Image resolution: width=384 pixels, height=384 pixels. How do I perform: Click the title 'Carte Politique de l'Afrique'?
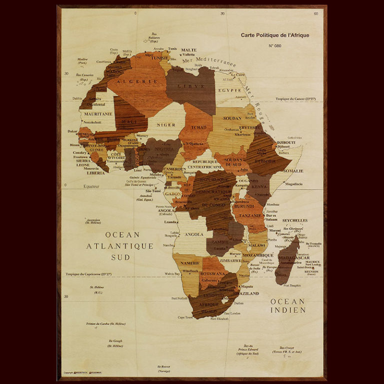click(274, 35)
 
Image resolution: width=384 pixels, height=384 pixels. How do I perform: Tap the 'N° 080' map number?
click(275, 45)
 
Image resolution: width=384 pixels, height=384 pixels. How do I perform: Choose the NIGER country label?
click(166, 125)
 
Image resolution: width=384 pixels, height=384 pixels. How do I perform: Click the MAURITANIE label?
click(98, 113)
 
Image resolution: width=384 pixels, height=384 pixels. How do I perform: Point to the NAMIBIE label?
click(190, 263)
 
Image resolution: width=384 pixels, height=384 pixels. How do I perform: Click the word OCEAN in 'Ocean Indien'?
click(287, 301)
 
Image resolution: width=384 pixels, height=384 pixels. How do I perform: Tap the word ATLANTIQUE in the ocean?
click(119, 246)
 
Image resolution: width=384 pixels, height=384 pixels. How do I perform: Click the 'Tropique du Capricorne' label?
click(88, 274)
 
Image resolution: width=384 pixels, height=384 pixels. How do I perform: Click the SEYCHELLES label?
click(294, 220)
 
